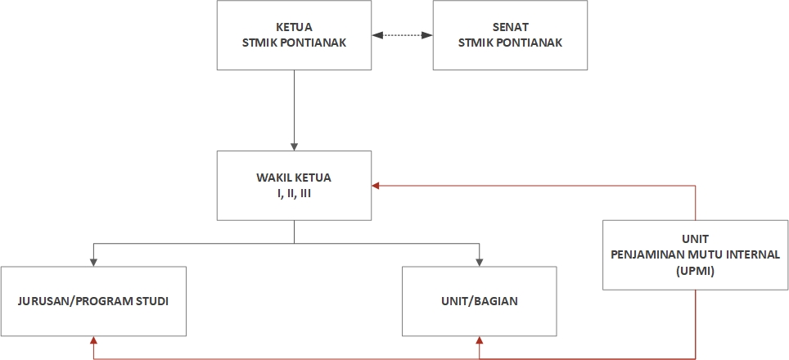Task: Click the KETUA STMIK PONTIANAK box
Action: coord(294,34)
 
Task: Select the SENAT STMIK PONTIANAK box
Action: coord(510,34)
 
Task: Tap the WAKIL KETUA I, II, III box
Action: coord(294,185)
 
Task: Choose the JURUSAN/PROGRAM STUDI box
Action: coord(93,301)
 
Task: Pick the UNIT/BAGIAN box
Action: coord(480,301)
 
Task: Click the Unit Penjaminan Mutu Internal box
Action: coord(695,254)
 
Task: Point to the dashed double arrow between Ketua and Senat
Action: coord(402,35)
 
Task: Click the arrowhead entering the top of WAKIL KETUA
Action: coord(294,146)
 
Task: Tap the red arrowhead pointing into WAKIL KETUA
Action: coord(376,186)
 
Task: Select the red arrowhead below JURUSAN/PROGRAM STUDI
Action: coord(93,340)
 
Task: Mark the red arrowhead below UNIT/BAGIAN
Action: coord(480,340)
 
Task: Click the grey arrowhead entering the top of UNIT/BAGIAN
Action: coord(480,262)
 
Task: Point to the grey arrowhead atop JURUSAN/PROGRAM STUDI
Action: coord(93,262)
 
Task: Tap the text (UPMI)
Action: coord(695,271)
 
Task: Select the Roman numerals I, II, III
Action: coord(294,193)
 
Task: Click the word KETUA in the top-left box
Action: coord(294,27)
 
